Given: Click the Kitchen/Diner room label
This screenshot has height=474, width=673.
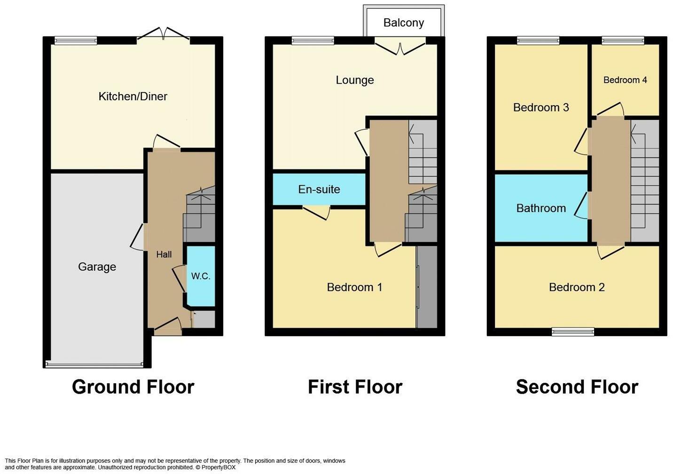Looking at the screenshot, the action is [x=133, y=96].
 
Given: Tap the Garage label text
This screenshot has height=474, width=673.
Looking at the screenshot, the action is [x=97, y=267].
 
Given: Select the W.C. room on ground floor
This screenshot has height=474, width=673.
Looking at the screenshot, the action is [x=201, y=276].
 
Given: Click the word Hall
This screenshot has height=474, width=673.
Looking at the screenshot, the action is [x=164, y=254].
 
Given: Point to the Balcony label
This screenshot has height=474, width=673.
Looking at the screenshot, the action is [x=404, y=23].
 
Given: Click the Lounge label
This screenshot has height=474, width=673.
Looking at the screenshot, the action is [x=355, y=80].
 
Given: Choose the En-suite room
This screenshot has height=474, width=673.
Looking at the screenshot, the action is [x=319, y=190].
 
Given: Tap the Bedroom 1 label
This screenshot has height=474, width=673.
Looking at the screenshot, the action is [x=354, y=287].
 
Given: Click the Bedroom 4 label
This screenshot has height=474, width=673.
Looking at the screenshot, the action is [x=625, y=80].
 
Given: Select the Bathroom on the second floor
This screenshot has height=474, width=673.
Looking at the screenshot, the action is [x=541, y=208].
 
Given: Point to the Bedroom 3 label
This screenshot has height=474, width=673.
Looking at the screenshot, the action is [x=541, y=108].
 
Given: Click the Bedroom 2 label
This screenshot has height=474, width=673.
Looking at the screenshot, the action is [x=577, y=287].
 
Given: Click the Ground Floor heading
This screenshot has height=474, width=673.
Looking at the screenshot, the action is [x=133, y=387].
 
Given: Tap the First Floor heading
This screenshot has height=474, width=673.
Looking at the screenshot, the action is [x=355, y=387].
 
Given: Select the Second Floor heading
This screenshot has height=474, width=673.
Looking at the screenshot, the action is [x=577, y=387].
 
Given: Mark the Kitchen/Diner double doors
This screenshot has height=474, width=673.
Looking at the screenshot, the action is [x=164, y=34].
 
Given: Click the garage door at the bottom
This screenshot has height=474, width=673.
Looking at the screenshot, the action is [x=94, y=365].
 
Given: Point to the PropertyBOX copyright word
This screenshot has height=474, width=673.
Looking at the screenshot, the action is [x=219, y=467].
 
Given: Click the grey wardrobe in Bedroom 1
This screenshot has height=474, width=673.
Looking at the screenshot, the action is [x=427, y=287].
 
